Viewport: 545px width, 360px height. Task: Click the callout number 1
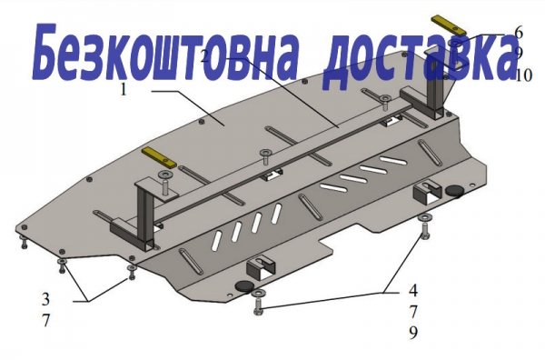(123, 90)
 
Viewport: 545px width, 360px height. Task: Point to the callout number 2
(205, 55)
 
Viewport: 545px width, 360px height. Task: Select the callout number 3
(46, 299)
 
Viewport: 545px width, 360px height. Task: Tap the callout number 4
(413, 291)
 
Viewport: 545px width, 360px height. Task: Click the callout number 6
(519, 33)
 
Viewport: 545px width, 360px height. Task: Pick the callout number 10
(524, 75)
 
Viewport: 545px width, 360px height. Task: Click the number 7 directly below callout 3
(46, 320)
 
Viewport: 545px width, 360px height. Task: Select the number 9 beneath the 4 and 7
(413, 333)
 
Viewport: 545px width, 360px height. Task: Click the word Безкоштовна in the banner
(163, 52)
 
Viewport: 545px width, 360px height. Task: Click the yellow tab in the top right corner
(449, 25)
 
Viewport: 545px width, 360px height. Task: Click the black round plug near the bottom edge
(244, 286)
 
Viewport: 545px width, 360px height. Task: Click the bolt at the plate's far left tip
(24, 242)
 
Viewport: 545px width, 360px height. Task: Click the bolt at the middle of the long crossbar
(266, 157)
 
